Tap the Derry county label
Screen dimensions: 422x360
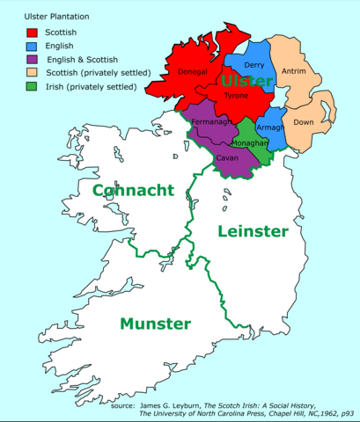[x=253, y=66]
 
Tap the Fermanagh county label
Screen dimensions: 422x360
[x=210, y=121]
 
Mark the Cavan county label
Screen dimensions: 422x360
[x=225, y=158]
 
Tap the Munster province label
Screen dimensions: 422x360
[x=155, y=323]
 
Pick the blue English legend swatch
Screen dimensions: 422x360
[x=32, y=46]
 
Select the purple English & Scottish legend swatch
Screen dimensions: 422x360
[x=32, y=60]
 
